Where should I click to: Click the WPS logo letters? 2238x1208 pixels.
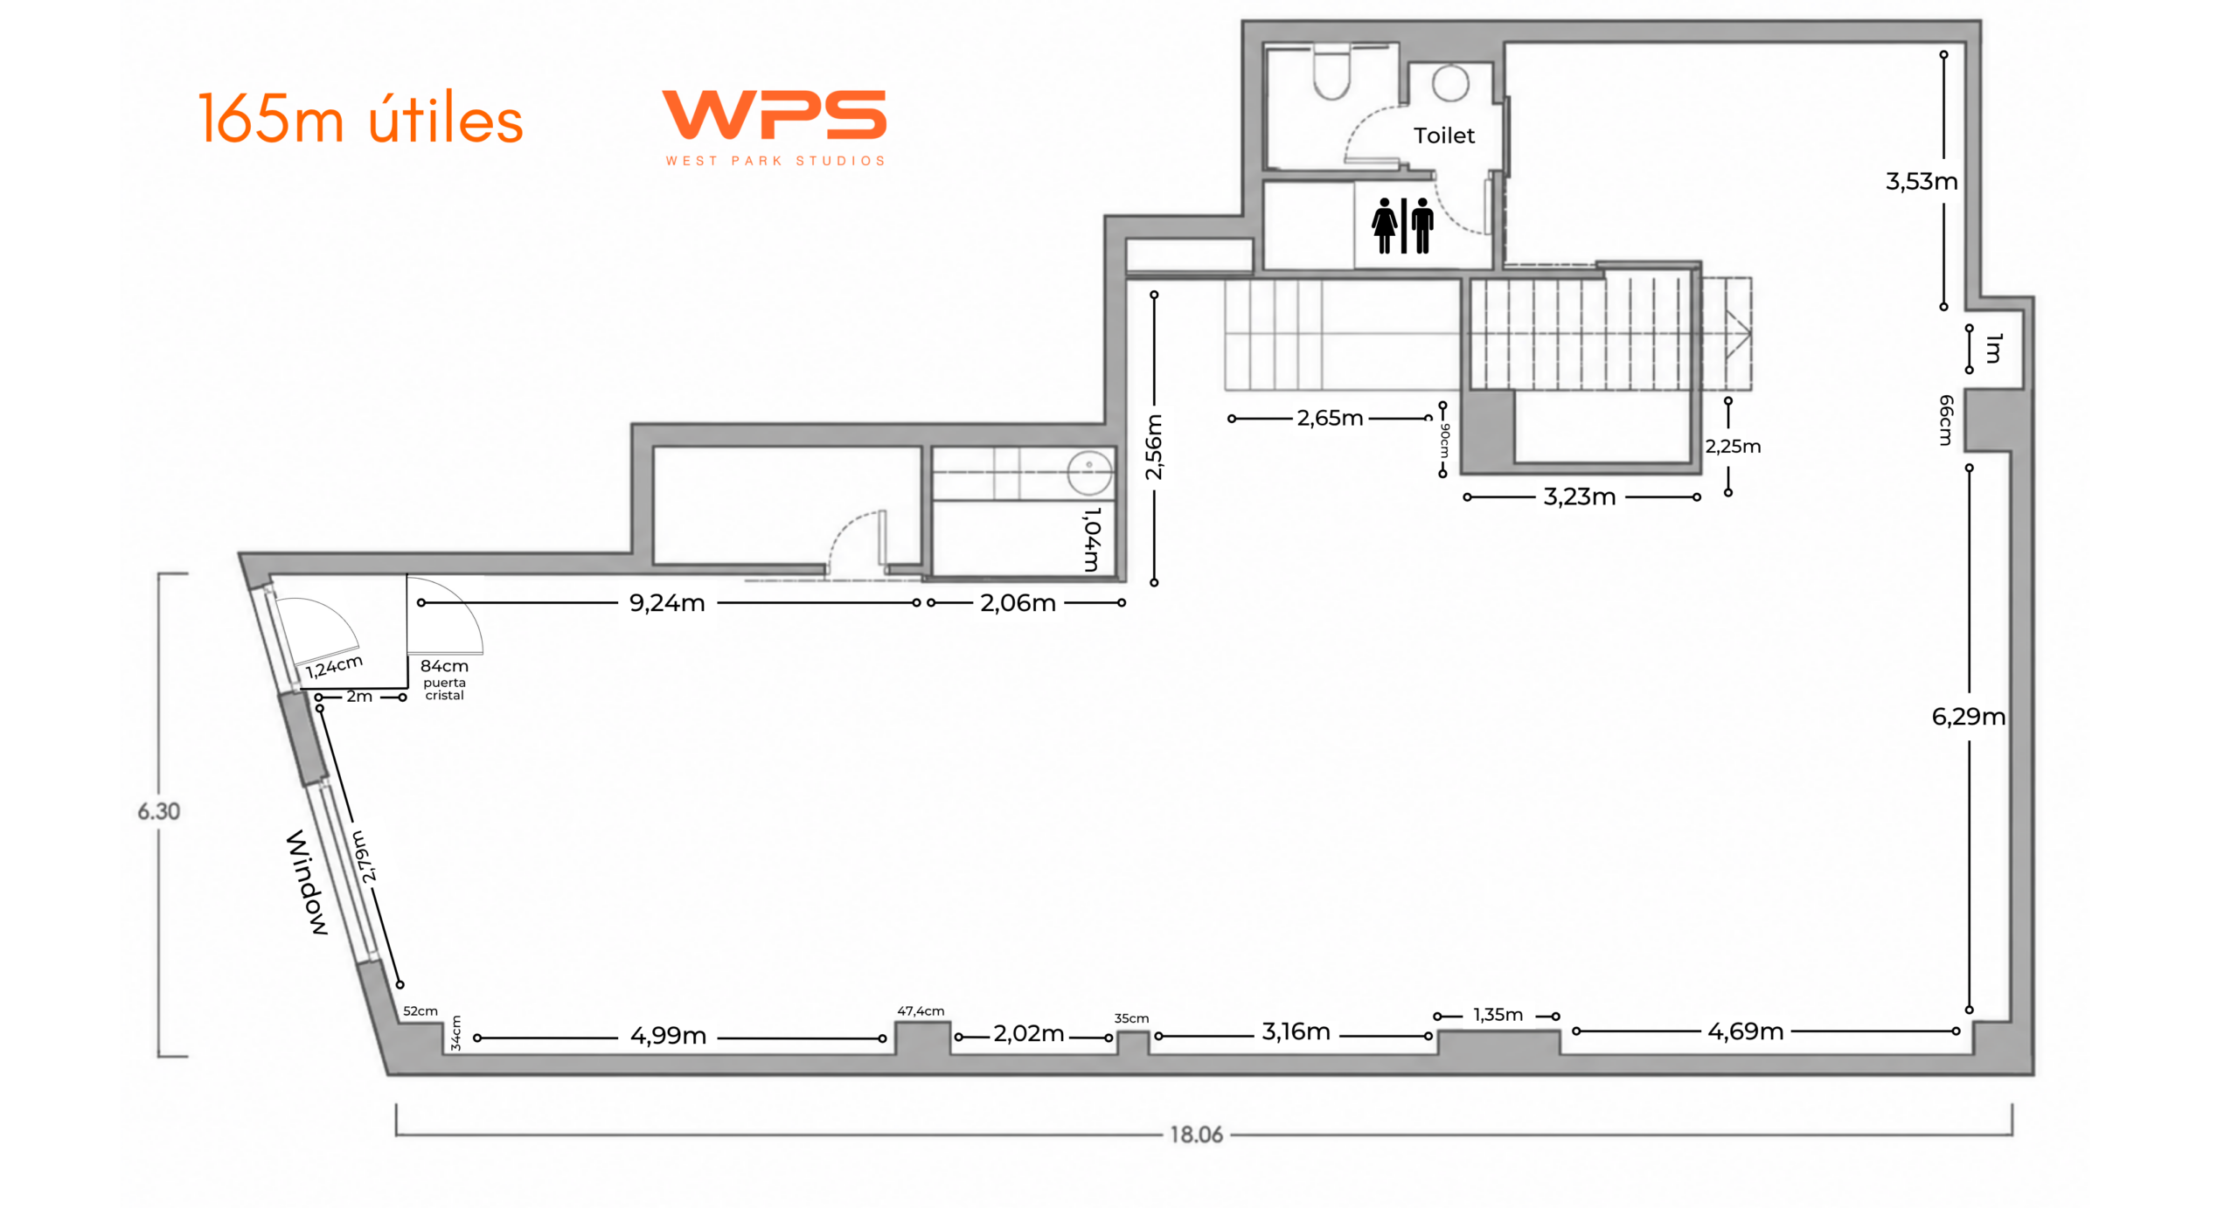774,115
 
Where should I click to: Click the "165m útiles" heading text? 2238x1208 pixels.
360,118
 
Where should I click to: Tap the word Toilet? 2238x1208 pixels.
1443,135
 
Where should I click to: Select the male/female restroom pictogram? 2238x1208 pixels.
1403,226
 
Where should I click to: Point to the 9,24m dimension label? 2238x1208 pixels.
667,603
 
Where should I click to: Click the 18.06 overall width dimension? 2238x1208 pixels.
1196,1135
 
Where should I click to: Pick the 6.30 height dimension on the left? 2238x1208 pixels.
158,812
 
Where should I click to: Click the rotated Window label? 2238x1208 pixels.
308,882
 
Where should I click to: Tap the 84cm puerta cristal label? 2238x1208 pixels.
444,679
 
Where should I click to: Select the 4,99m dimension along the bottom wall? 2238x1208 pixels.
668,1036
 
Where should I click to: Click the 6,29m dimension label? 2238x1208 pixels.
1968,717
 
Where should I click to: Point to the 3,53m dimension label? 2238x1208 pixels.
1922,182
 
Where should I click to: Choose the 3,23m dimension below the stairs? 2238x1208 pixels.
1579,496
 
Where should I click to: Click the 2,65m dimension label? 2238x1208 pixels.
1330,418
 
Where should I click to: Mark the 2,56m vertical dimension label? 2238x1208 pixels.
1154,447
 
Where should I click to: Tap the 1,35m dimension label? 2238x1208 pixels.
1498,1015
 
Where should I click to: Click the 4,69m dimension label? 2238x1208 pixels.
1745,1031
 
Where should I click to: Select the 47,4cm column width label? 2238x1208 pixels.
921,1011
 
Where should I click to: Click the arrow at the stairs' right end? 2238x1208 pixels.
1738,332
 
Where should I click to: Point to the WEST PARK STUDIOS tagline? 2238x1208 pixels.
775,161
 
